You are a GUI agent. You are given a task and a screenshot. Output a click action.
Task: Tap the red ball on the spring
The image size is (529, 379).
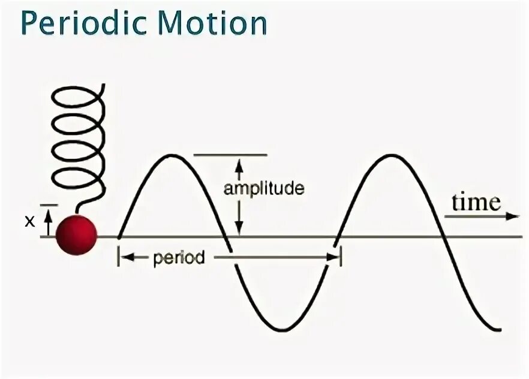coord(76,234)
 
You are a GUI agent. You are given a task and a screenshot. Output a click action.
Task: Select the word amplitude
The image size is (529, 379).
coord(264,189)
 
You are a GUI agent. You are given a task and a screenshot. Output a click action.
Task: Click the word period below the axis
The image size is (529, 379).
coord(179,258)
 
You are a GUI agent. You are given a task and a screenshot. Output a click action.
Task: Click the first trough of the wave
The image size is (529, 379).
coord(279,329)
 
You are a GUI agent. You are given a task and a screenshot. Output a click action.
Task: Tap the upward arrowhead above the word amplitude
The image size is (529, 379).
coord(239,163)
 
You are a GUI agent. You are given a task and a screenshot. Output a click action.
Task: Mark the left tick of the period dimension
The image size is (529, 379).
coord(119,258)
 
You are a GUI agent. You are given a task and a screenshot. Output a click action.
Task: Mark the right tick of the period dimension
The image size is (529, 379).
coord(341,258)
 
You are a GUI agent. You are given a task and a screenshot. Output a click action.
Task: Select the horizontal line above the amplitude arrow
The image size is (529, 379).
coord(230,155)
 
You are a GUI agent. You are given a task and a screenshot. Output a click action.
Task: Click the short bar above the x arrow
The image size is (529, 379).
coord(50,205)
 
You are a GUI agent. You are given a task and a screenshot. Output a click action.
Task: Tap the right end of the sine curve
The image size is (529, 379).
coord(499,329)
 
